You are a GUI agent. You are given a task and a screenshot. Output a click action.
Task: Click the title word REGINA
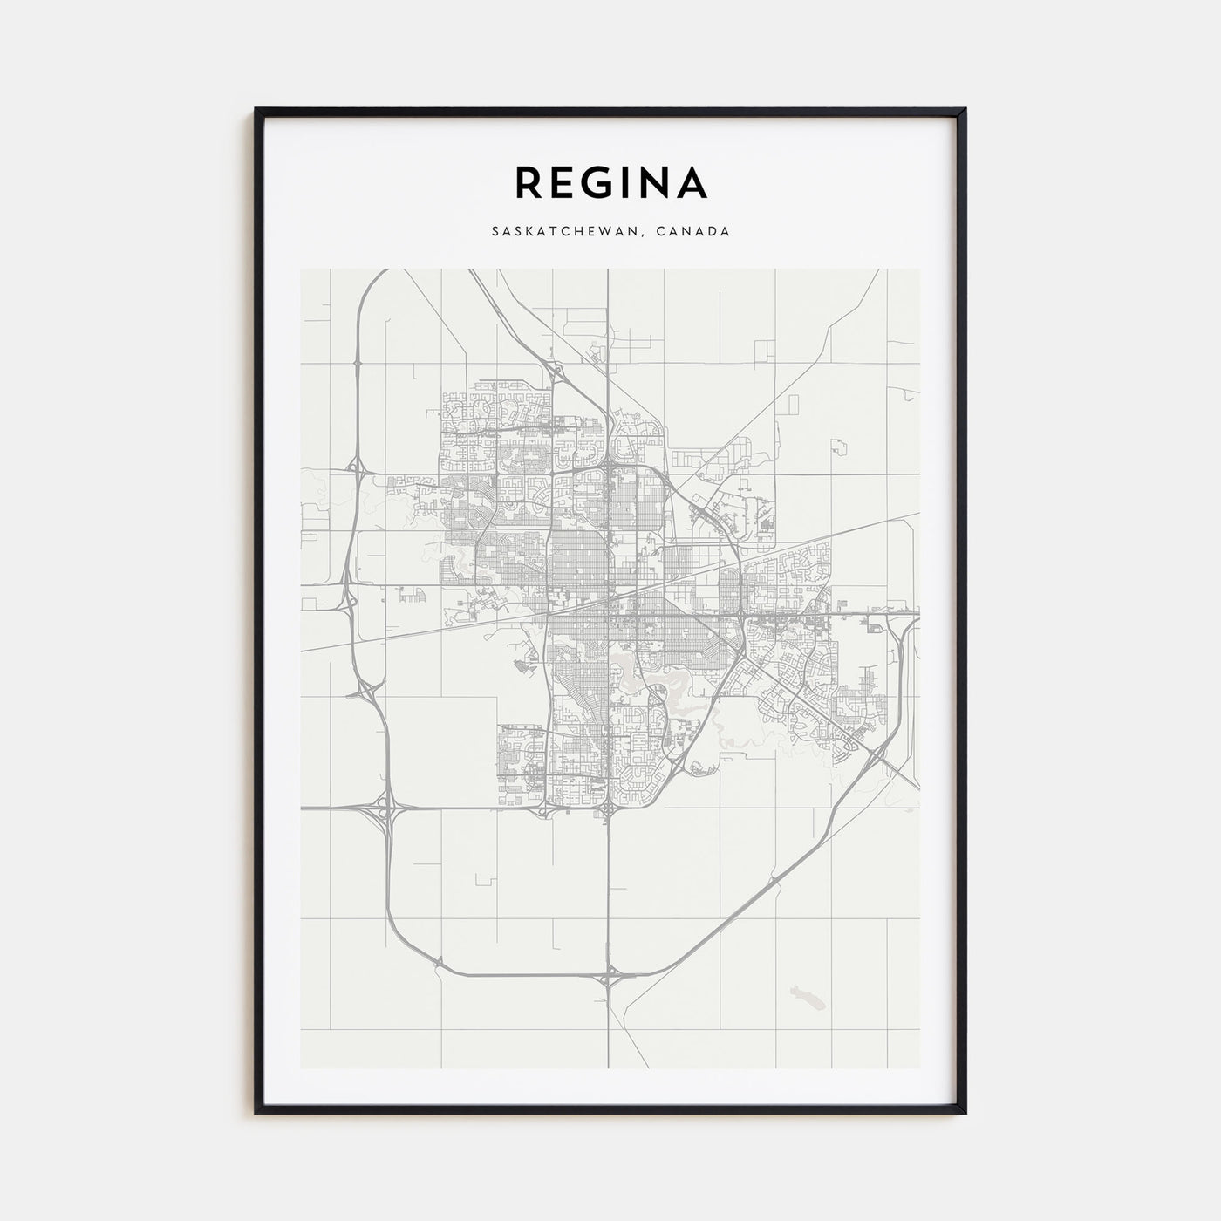pyautogui.click(x=610, y=182)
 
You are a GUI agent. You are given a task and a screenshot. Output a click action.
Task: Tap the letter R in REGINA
pyautogui.click(x=529, y=182)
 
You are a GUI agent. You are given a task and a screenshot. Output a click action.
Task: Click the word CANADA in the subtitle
pyautogui.click(x=693, y=232)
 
